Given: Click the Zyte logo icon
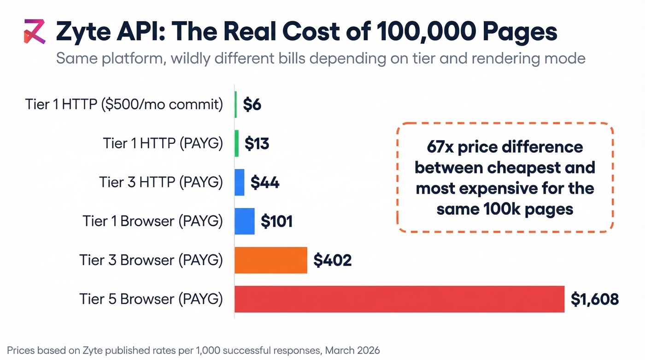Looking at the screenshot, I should click(x=35, y=32).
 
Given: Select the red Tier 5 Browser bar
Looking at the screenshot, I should click(x=399, y=299).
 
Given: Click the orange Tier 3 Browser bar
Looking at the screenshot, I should click(x=271, y=260).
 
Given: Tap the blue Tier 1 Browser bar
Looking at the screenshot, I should click(x=245, y=221).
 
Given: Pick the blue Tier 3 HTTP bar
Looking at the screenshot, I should click(x=240, y=183).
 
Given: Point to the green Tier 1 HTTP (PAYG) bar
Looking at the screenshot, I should click(x=237, y=143).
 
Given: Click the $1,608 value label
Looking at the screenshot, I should click(x=594, y=299).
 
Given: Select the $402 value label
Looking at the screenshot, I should click(x=332, y=260).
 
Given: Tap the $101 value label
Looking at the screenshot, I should click(x=276, y=222).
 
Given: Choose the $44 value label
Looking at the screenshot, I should click(x=265, y=183).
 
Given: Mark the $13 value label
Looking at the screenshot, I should click(x=257, y=144).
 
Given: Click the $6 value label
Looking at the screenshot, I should click(x=252, y=105).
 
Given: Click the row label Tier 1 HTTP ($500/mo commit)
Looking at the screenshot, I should click(x=124, y=105).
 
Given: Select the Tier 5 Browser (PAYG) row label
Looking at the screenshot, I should click(x=151, y=299).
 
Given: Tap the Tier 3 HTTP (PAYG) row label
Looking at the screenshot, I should click(x=161, y=183).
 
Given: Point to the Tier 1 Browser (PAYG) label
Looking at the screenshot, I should click(x=153, y=221).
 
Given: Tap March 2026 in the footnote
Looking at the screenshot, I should click(x=352, y=350).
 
